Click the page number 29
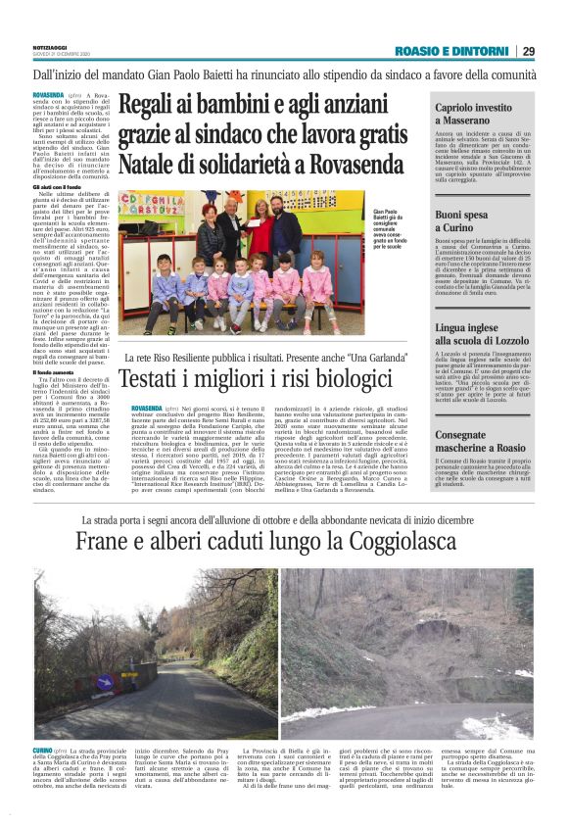click(x=528, y=51)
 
